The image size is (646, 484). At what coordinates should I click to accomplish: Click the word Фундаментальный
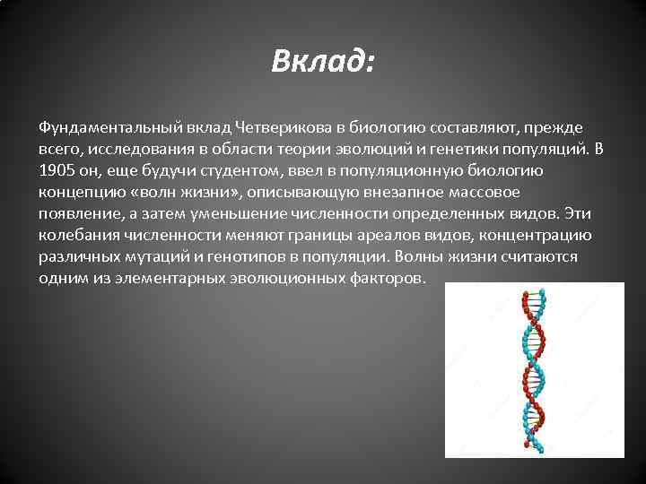coord(94,127)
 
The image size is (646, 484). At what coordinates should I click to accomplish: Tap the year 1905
coord(56,170)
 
